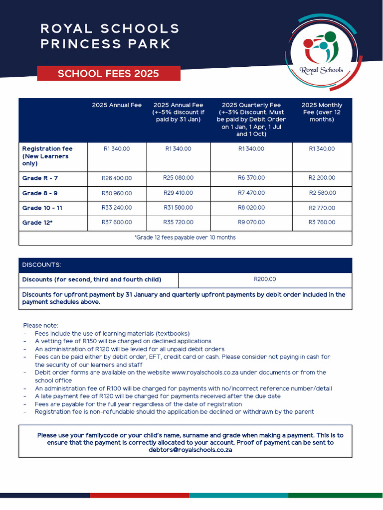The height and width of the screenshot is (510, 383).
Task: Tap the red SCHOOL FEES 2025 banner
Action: pos(108,74)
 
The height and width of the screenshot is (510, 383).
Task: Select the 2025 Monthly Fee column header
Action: pos(322,112)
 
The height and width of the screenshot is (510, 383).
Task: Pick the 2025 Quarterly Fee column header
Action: pos(251,120)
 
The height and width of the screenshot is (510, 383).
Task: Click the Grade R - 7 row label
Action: pos(40,178)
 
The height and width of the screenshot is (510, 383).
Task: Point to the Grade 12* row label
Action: pos(37,223)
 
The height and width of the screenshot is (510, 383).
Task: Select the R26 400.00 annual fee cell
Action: pos(117,178)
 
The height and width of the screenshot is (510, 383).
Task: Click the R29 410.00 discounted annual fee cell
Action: pos(178,193)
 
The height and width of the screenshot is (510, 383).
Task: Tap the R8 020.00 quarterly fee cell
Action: pos(251,208)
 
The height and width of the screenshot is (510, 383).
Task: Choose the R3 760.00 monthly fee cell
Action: pos(322,223)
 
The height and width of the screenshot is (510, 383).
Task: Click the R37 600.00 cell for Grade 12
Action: pos(117,223)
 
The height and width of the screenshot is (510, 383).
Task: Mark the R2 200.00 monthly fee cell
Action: pos(322,178)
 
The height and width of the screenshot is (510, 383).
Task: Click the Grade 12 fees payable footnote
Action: pos(185,238)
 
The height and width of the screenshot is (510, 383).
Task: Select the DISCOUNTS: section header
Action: pos(41,265)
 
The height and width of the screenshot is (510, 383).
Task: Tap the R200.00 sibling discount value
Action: pos(265,279)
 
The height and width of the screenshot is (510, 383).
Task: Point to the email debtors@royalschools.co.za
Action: pos(190,449)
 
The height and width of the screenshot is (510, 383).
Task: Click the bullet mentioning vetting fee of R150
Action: pos(123,341)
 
